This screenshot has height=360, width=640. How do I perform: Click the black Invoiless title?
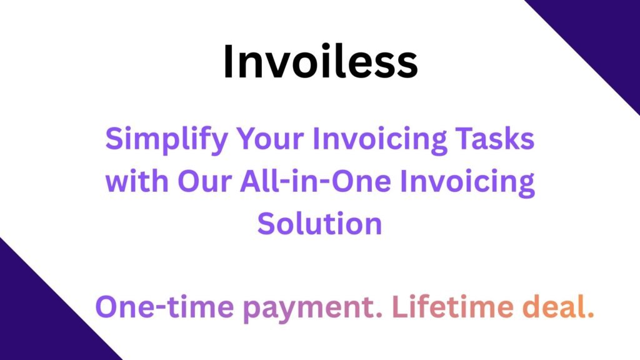pyautogui.click(x=320, y=63)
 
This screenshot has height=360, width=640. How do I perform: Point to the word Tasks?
pyautogui.click(x=500, y=139)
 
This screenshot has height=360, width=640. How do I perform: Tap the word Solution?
pyautogui.click(x=319, y=223)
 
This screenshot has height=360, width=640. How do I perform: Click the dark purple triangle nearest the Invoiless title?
pyautogui.click(x=600, y=37)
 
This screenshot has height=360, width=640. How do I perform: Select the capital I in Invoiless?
pyautogui.click(x=227, y=63)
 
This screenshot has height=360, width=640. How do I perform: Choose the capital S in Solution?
pyautogui.click(x=267, y=223)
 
